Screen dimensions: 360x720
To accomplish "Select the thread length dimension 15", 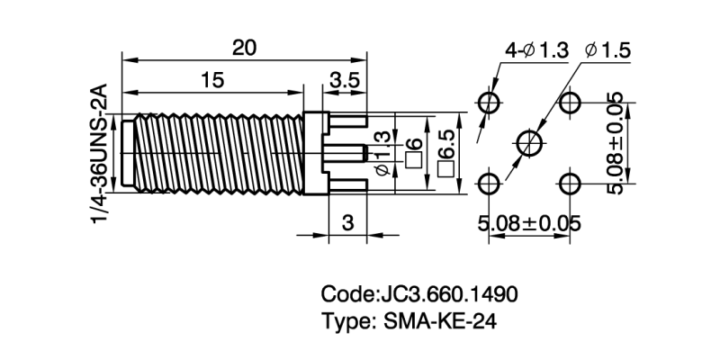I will (212, 80).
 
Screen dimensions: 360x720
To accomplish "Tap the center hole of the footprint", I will (529, 141).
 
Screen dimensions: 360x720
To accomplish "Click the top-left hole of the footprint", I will (489, 103).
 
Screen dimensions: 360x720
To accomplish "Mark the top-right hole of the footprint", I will (569, 103).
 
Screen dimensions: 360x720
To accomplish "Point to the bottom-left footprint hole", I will (489, 184).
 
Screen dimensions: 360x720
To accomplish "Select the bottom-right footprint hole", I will (569, 184).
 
